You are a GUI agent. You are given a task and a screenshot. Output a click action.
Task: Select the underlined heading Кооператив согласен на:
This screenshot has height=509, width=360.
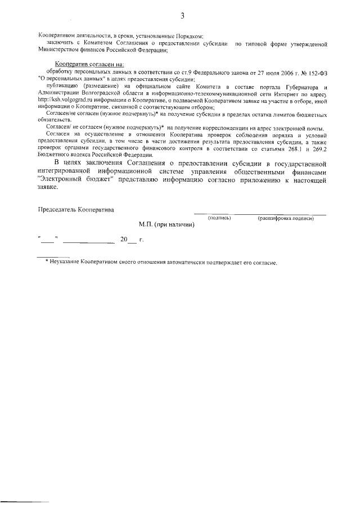pos(88,65)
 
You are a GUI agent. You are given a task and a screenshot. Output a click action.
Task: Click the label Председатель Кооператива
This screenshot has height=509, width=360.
pos(75,210)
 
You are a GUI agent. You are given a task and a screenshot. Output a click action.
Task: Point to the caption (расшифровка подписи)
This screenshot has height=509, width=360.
pos(285,218)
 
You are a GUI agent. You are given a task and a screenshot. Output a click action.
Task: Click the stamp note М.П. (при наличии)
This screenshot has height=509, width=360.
pos(166,224)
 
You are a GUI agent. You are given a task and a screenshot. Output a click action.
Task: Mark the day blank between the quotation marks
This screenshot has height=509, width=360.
pos(47,241)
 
